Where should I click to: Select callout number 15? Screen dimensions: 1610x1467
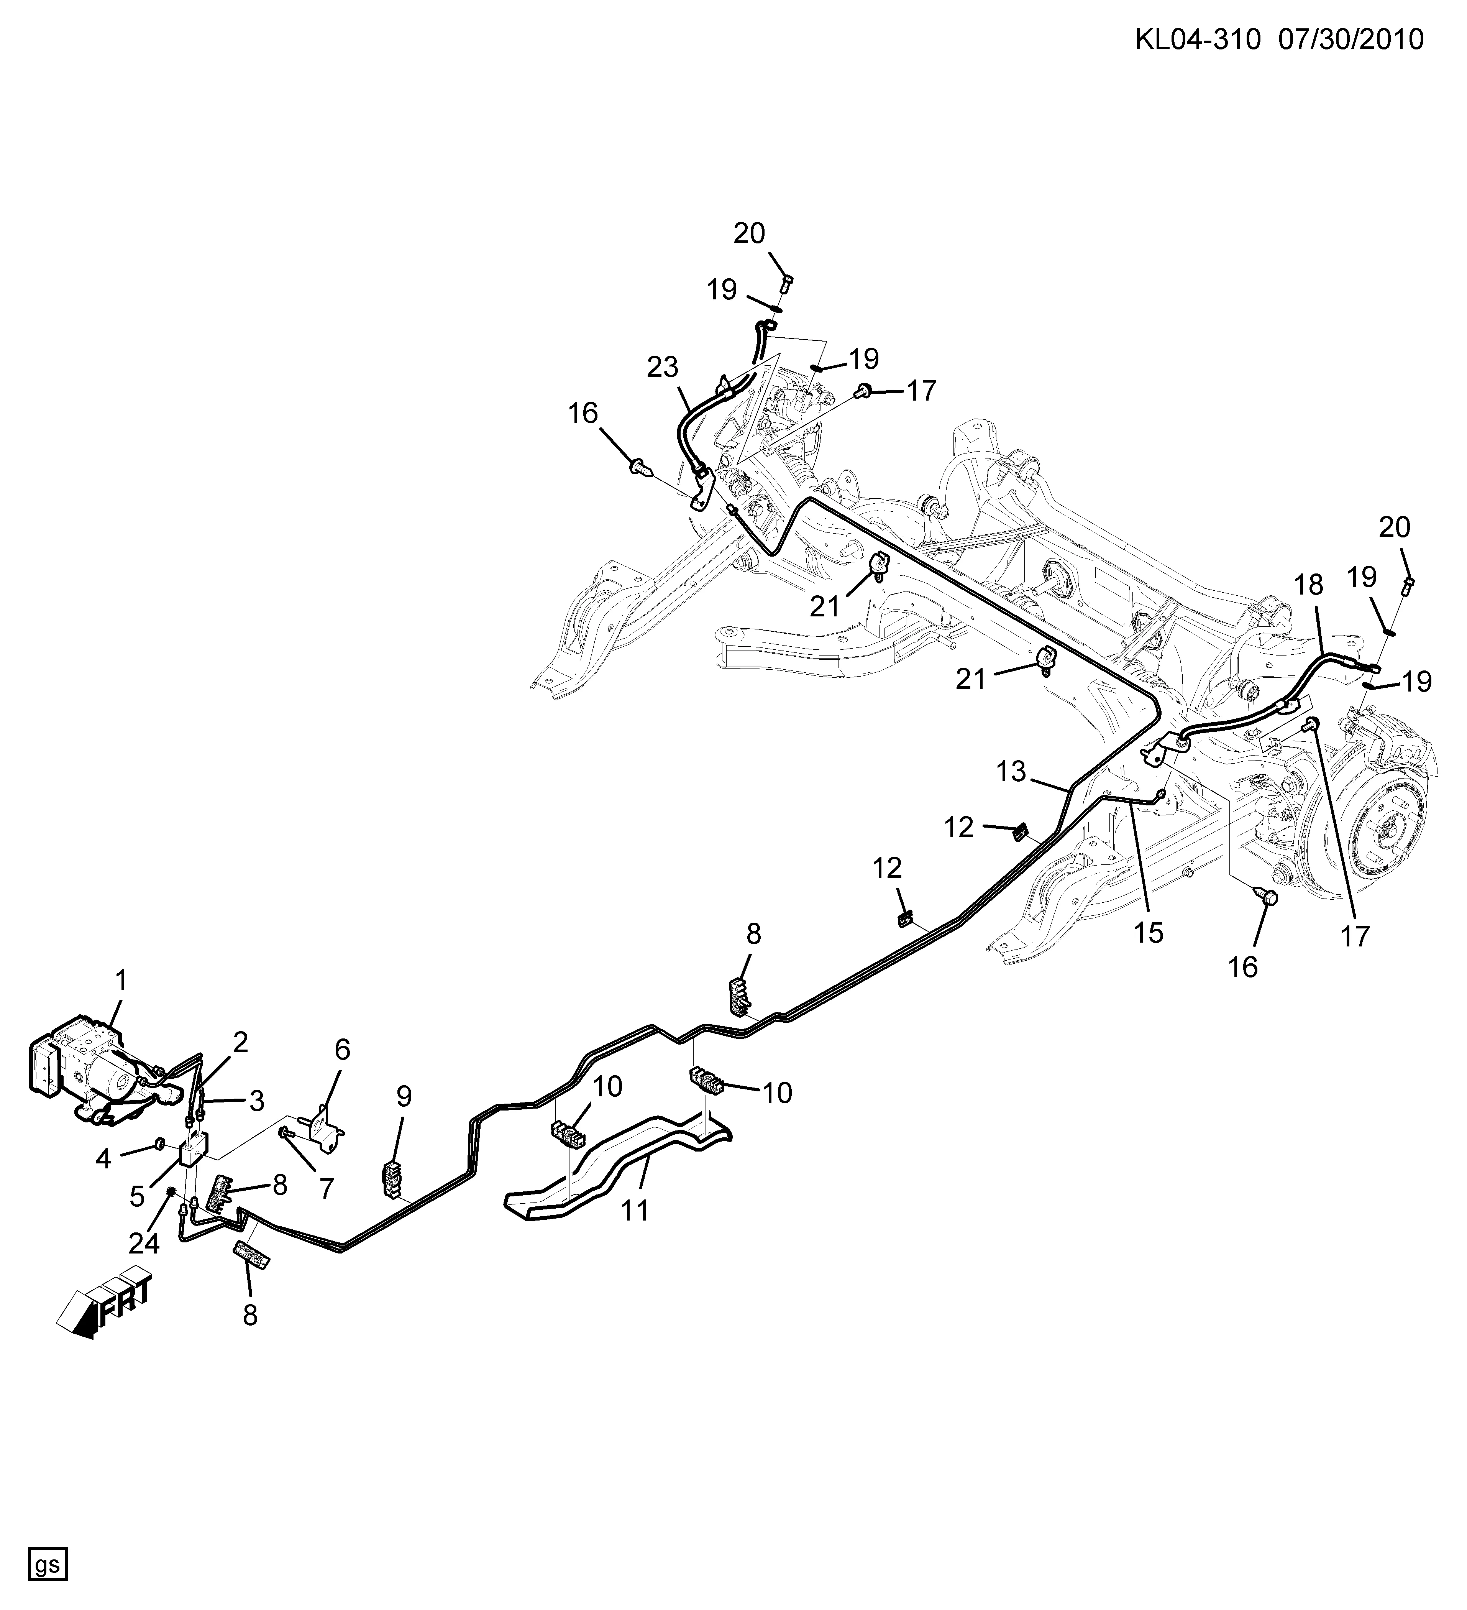point(1149,932)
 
